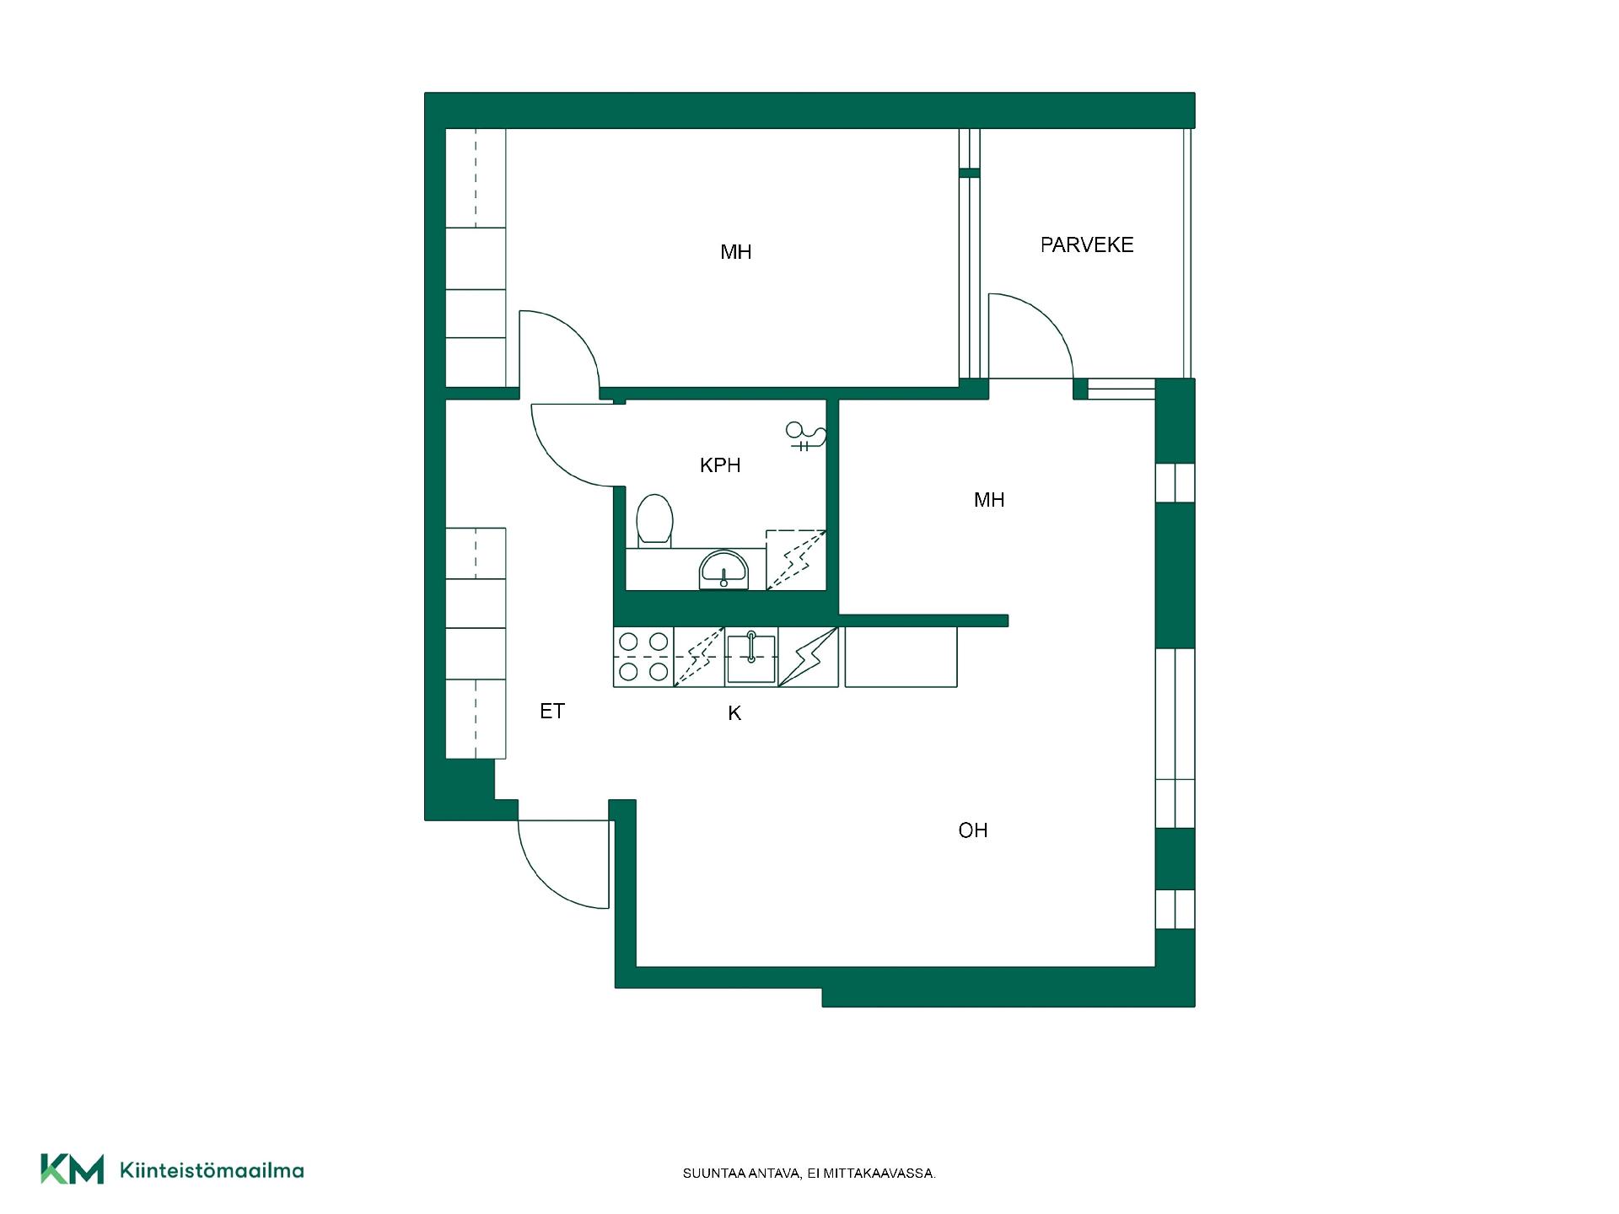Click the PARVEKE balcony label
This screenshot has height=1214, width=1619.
[1086, 245]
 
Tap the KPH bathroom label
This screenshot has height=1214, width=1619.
[720, 465]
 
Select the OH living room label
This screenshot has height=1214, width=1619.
[973, 830]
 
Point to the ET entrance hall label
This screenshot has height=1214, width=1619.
[552, 712]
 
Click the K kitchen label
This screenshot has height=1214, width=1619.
[734, 714]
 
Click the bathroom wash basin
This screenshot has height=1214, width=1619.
[723, 570]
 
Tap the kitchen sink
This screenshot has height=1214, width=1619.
[750, 658]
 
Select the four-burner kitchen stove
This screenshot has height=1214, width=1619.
[643, 657]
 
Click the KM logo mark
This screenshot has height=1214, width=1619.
[73, 1169]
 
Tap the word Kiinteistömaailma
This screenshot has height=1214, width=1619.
[212, 1171]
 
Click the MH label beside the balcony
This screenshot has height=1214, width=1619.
[736, 252]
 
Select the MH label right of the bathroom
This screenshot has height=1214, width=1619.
[989, 500]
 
